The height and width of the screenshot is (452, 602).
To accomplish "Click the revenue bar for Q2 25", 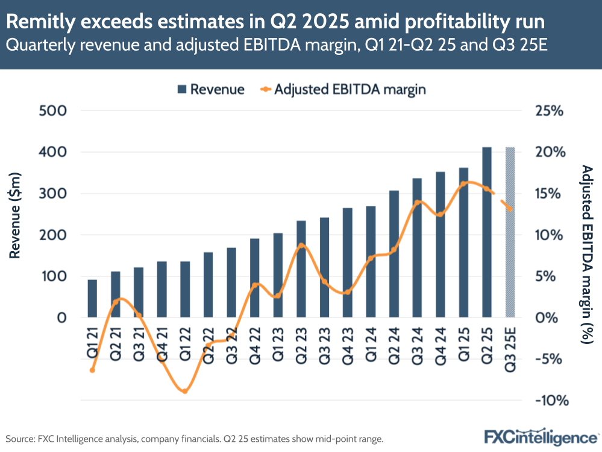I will tap(487, 232).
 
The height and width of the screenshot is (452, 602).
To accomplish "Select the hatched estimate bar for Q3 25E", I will tap(510, 232).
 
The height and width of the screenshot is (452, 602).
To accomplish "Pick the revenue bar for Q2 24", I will tap(394, 254).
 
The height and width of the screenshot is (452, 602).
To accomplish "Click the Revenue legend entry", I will tap(211, 89).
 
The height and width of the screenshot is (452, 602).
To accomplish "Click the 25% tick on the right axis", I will tap(548, 111).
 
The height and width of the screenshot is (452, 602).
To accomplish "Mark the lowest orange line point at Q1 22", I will tap(185, 391).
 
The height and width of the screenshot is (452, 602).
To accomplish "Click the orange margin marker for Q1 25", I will tap(463, 183).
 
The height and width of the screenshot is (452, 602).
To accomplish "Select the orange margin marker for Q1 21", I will tap(92, 370).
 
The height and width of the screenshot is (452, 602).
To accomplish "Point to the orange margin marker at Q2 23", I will tap(301, 246).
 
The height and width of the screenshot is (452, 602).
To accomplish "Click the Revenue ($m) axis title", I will tap(16, 214).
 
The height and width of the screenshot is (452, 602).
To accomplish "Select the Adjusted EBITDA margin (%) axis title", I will tap(584, 253).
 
